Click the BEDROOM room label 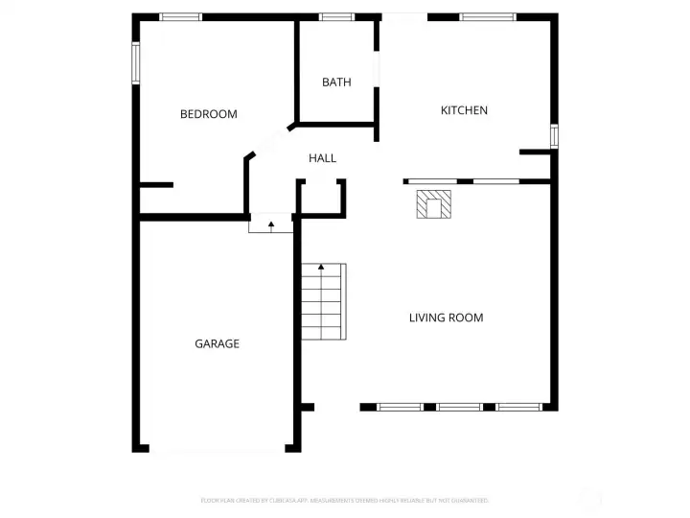point(208,114)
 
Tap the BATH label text point(336,82)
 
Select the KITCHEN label point(464,110)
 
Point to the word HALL point(322,158)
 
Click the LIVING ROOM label point(446,318)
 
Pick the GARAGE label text point(217,343)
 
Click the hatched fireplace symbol point(433,204)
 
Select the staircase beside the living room point(323,302)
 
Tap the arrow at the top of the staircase point(323,269)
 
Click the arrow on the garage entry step point(271,226)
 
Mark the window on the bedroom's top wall point(180,16)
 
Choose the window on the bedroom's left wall point(136,62)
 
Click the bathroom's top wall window point(335,16)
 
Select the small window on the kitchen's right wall point(554,135)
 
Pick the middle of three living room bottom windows point(459,407)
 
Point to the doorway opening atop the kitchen point(403,16)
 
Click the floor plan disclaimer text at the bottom point(345,500)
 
